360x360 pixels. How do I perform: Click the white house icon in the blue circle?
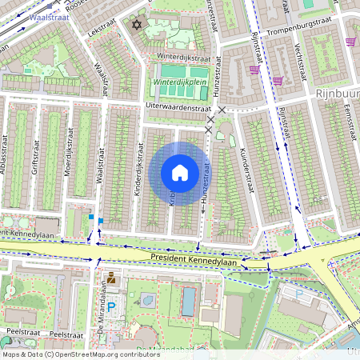(180, 173)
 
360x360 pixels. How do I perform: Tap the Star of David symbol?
(136, 26)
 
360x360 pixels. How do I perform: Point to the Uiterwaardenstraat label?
(177, 106)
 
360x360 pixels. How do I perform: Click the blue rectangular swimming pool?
(188, 302)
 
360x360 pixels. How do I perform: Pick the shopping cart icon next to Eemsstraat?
(350, 42)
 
